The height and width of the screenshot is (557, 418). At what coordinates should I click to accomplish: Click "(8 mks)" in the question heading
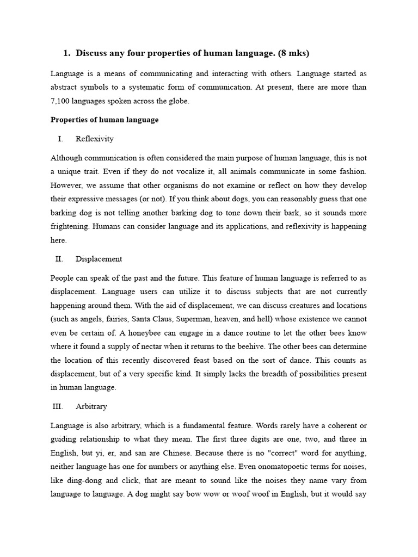293,53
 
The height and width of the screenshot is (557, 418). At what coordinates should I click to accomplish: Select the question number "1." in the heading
67,53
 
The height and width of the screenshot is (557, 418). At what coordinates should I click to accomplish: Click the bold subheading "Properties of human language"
104,120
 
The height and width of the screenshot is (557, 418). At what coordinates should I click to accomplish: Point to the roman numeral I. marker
60,139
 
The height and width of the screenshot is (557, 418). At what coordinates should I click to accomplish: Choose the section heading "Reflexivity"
95,139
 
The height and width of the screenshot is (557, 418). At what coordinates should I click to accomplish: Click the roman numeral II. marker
59,259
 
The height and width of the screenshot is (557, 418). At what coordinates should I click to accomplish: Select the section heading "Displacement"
99,259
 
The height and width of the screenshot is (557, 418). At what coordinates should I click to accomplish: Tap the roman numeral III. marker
58,406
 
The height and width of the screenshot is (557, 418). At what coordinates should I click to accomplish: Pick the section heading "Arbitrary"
91,406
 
